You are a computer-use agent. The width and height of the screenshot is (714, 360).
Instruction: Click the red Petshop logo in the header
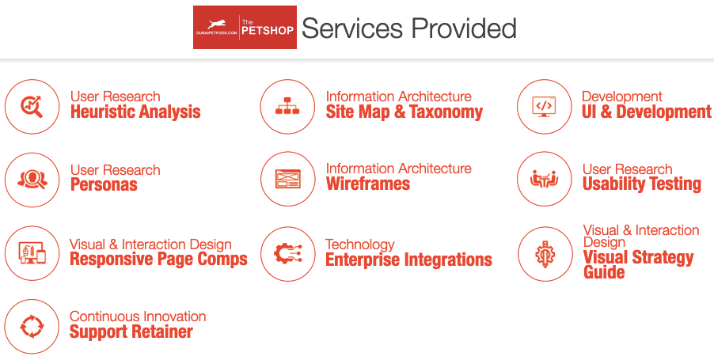pos(245,28)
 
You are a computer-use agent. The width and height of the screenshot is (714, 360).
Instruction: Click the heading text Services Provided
pos(408,28)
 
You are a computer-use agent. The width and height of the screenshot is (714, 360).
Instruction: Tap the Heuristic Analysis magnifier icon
pos(32,106)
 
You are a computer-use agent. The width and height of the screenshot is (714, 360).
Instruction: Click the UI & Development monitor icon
pos(544,106)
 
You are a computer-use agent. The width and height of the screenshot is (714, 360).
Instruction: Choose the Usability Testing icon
pos(544,179)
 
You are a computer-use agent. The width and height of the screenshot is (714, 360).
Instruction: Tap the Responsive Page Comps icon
pos(32,253)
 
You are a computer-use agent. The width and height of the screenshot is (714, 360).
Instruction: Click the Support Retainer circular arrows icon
pos(32,326)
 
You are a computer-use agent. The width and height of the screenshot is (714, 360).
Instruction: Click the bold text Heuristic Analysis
pos(135,112)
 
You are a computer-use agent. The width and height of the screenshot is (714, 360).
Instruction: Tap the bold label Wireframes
pos(368,184)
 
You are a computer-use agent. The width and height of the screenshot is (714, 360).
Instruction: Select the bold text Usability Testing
pos(642,184)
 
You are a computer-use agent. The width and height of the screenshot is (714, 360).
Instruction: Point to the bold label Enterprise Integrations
pos(408,260)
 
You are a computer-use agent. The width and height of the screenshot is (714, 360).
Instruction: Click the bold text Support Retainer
pos(131,332)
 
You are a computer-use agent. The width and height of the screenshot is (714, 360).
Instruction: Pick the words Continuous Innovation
pos(138,316)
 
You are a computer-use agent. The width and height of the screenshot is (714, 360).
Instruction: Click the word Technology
pos(360,244)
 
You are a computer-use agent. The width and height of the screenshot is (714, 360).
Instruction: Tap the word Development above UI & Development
pos(622,97)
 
